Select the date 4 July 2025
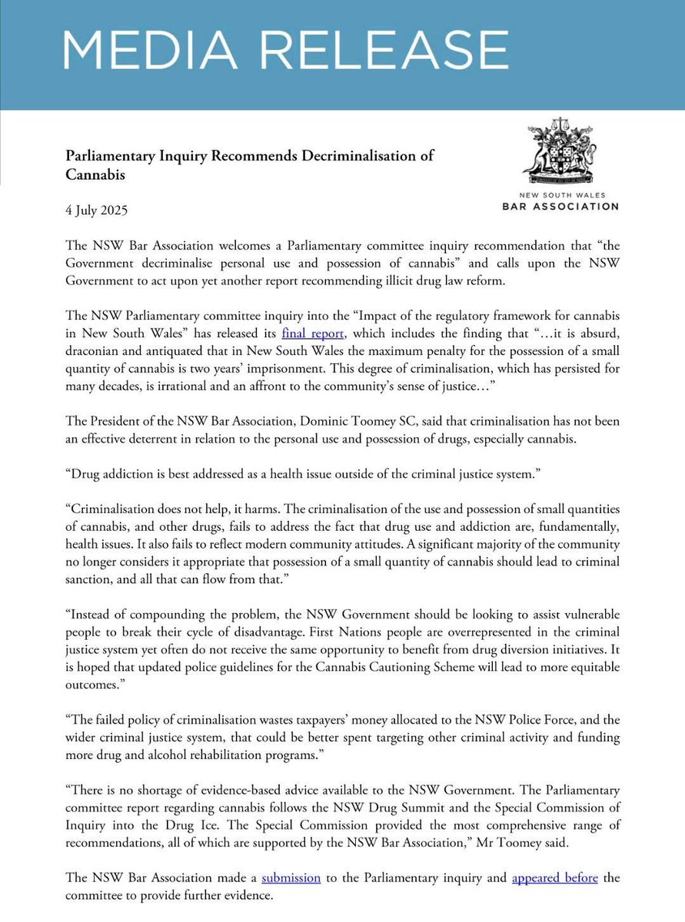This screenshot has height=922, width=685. (x=96, y=209)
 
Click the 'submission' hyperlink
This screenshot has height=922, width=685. (x=291, y=876)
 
